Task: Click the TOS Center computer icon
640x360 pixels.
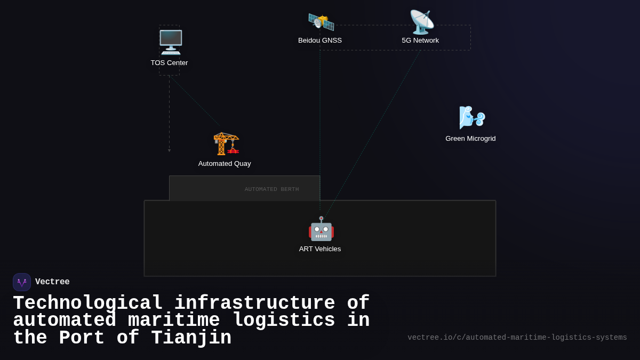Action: point(171,42)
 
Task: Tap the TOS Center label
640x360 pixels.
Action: point(169,63)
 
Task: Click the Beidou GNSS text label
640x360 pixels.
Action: point(320,41)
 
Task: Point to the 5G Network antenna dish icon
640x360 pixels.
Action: point(421,22)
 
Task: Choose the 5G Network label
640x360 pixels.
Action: point(420,41)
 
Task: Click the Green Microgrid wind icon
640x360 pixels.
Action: point(472,118)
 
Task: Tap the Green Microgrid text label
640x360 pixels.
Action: point(470,139)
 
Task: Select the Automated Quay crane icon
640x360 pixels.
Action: point(226,143)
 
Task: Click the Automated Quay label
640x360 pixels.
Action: point(225,164)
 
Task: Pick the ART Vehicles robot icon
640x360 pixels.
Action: point(321,229)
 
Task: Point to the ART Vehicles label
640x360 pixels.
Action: point(320,249)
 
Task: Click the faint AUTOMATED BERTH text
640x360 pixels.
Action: point(271,189)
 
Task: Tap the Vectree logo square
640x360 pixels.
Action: point(22,282)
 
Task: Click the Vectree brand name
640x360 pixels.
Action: point(52,282)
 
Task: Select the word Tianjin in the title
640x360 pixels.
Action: point(191,338)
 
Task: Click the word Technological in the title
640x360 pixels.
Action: point(88,303)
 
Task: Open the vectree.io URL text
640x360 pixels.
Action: point(517,338)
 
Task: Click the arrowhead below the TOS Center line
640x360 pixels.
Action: point(170,150)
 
